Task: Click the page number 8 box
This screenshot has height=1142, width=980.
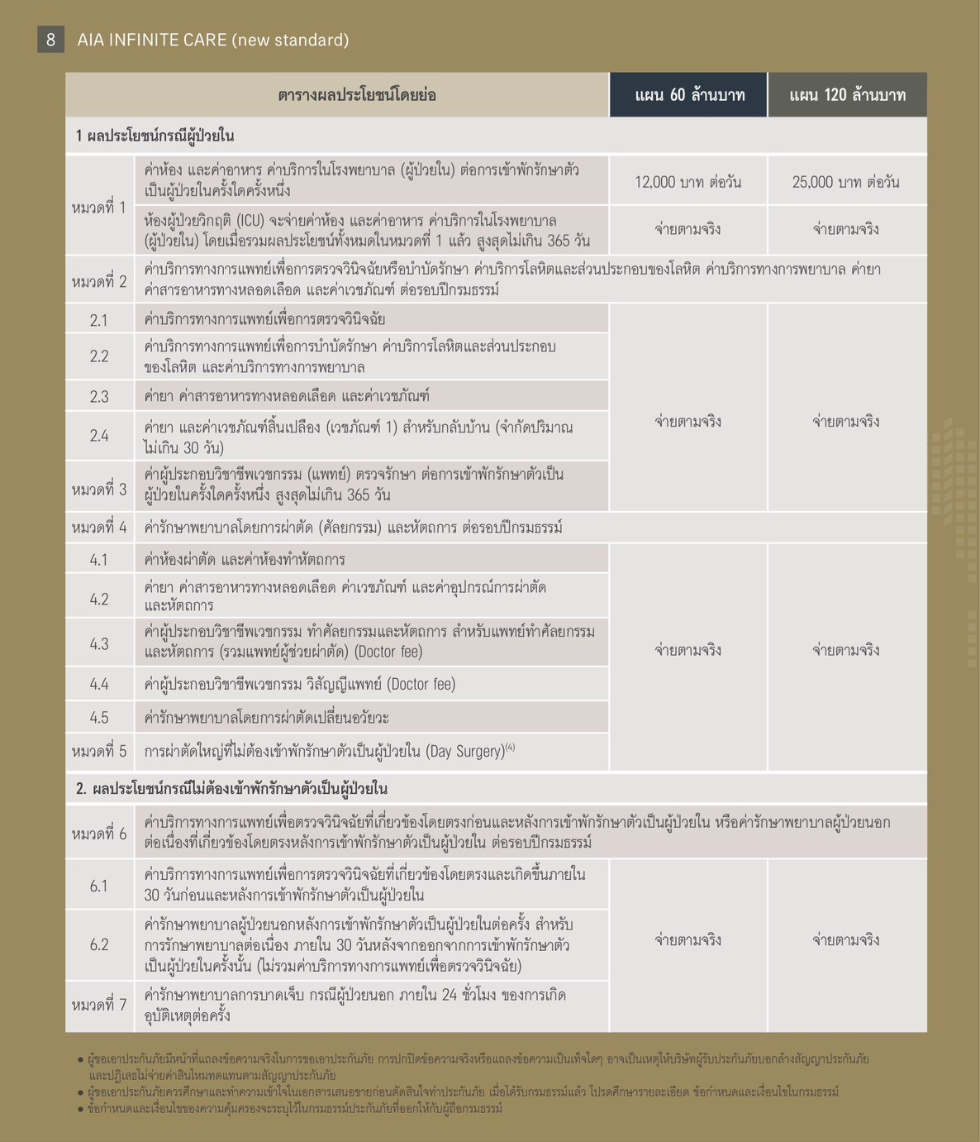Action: (x=50, y=40)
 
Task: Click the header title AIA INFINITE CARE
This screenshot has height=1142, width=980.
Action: (x=212, y=40)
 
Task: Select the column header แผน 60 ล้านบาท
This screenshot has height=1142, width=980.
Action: (x=689, y=95)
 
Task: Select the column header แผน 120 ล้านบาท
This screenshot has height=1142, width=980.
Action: (x=847, y=95)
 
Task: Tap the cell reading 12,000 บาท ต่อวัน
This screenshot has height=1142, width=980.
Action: (x=687, y=182)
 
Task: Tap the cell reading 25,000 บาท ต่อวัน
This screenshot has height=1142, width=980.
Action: (x=846, y=182)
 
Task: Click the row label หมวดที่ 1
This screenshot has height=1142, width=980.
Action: (x=99, y=207)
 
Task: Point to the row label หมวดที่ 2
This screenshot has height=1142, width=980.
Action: (x=99, y=281)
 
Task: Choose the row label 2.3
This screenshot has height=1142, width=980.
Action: (x=99, y=397)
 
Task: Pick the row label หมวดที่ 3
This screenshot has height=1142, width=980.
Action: (x=99, y=490)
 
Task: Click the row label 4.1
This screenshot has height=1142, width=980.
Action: (x=99, y=560)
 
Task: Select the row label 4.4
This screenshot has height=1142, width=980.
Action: (x=99, y=684)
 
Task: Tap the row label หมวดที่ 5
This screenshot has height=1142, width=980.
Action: (x=99, y=752)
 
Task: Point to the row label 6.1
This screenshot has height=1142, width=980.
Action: (x=99, y=886)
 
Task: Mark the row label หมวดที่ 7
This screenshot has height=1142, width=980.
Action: (x=99, y=1006)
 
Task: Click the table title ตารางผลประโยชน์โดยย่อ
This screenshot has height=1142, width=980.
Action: (x=357, y=95)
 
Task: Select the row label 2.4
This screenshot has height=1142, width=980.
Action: (x=99, y=436)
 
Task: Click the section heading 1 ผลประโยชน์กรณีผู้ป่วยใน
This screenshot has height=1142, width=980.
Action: (x=155, y=136)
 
